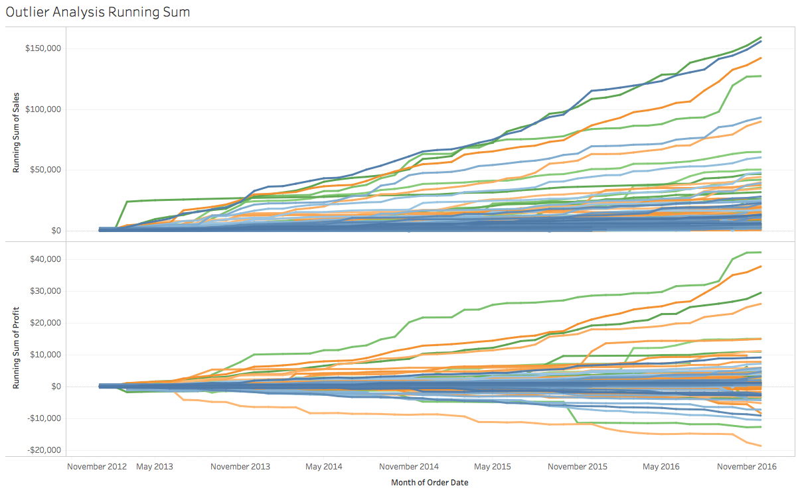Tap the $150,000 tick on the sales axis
pyautogui.click(x=43, y=48)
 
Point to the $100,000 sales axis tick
pyautogui.click(x=43, y=109)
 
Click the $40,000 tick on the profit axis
pyautogui.click(x=45, y=259)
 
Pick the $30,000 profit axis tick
pyautogui.click(x=45, y=290)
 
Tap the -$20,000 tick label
pyautogui.click(x=44, y=450)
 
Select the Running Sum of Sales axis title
pyautogui.click(x=17, y=134)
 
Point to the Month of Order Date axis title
pyautogui.click(x=430, y=482)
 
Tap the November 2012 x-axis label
pyautogui.click(x=97, y=466)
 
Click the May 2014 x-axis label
pyautogui.click(x=324, y=466)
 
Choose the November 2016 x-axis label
pyautogui.click(x=746, y=466)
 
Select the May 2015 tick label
pyautogui.click(x=493, y=466)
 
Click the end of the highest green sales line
pyautogui.click(x=761, y=37)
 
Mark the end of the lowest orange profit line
pyautogui.click(x=761, y=446)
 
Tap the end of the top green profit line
pyautogui.click(x=761, y=252)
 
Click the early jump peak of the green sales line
pyautogui.click(x=127, y=201)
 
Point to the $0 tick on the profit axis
pyautogui.click(x=54, y=387)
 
